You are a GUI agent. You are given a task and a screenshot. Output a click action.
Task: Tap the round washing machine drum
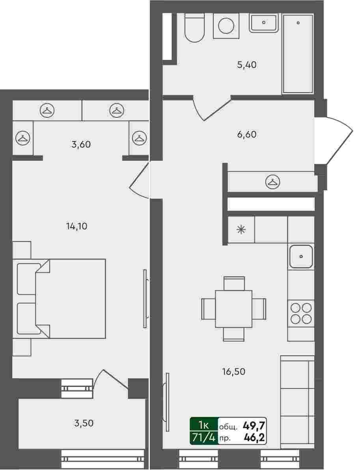(226, 26)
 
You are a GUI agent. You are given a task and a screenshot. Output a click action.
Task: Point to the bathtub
(298, 53)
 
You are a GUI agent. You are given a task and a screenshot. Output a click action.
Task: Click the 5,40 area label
(247, 65)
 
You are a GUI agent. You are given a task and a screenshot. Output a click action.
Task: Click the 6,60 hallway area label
(247, 134)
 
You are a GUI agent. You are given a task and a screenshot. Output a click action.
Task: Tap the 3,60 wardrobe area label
(81, 145)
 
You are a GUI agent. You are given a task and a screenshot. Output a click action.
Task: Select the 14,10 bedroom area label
(77, 226)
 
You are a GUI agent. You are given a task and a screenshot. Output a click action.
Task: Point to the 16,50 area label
(234, 372)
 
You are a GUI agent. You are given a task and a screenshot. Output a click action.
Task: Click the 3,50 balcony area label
(84, 423)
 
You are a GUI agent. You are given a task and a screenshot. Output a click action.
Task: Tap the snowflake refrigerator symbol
(241, 230)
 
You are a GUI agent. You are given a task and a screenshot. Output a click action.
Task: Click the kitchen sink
(301, 257)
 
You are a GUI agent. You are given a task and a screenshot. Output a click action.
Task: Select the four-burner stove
(301, 313)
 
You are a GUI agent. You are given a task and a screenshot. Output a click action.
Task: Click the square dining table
(234, 309)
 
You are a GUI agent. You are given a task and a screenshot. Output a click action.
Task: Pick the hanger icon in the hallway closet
(273, 182)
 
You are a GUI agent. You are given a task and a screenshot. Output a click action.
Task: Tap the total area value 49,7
(254, 426)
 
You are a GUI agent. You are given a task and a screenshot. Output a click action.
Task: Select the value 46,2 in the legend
(254, 438)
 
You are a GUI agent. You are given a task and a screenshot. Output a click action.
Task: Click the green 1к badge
(203, 425)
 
